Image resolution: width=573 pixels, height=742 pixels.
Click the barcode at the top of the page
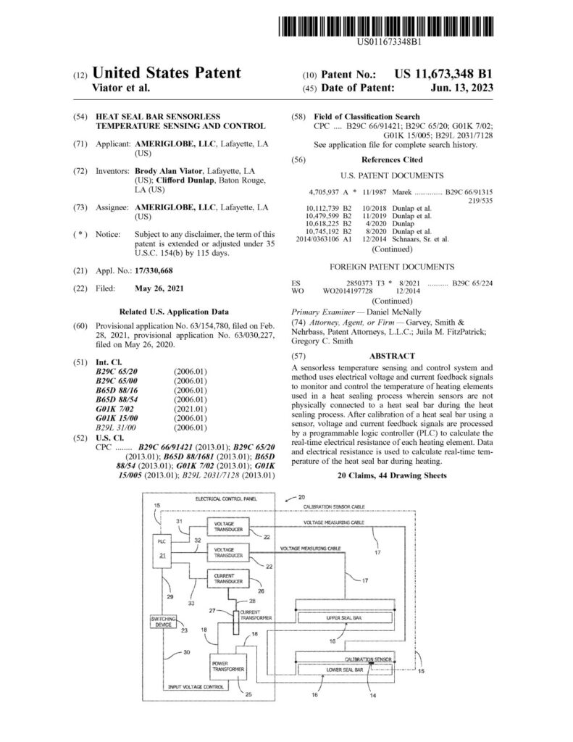tap(385, 27)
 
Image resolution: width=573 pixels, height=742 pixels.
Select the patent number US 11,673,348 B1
tap(443, 74)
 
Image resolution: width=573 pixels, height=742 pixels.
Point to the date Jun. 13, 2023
tap(462, 88)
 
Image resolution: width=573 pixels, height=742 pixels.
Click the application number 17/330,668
tap(154, 271)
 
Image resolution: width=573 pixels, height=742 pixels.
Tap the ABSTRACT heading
tap(392, 356)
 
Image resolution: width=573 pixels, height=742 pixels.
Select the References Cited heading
tap(392, 160)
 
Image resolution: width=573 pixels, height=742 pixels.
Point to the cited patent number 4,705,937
tap(324, 192)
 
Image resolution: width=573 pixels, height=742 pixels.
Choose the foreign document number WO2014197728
tap(348, 291)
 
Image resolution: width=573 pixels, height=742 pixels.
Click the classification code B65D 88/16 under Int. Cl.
tap(117, 391)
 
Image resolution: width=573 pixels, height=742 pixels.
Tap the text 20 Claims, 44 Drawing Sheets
tap(392, 475)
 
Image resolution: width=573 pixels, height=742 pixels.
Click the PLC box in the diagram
tap(162, 551)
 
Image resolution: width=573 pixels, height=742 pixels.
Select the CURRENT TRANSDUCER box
tap(228, 578)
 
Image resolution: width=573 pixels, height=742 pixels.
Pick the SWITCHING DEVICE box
tap(163, 622)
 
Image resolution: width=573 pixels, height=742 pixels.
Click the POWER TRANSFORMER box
tap(228, 667)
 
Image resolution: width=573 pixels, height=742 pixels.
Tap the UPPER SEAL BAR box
tap(344, 618)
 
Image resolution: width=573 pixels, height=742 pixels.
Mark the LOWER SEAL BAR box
tap(344, 670)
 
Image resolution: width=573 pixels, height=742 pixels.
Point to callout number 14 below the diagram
tap(373, 696)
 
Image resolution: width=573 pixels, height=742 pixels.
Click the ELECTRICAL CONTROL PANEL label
tap(226, 499)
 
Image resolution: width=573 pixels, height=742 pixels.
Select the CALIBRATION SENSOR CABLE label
tap(334, 507)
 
